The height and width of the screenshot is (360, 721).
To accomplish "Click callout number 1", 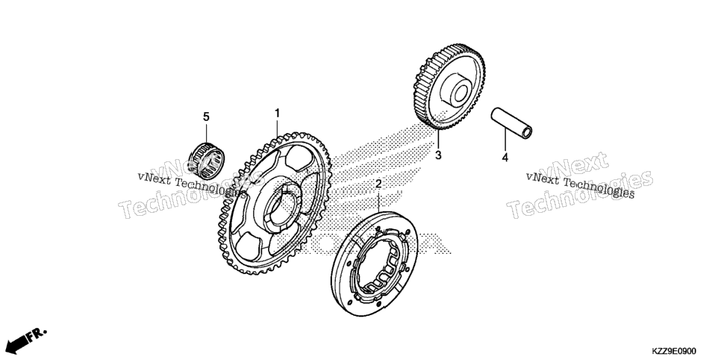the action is tap(277, 114).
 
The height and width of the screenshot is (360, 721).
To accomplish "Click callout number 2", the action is tap(378, 184).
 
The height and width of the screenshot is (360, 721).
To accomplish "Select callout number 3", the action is tap(438, 155).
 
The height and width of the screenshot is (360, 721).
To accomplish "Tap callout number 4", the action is tap(505, 158).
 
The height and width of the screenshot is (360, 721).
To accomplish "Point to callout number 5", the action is tap(206, 117).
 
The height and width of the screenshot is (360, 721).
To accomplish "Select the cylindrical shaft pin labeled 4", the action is tap(511, 123).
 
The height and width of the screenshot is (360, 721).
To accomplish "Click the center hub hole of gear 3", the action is tap(461, 93).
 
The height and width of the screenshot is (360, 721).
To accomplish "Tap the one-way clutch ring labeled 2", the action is tap(374, 264).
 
